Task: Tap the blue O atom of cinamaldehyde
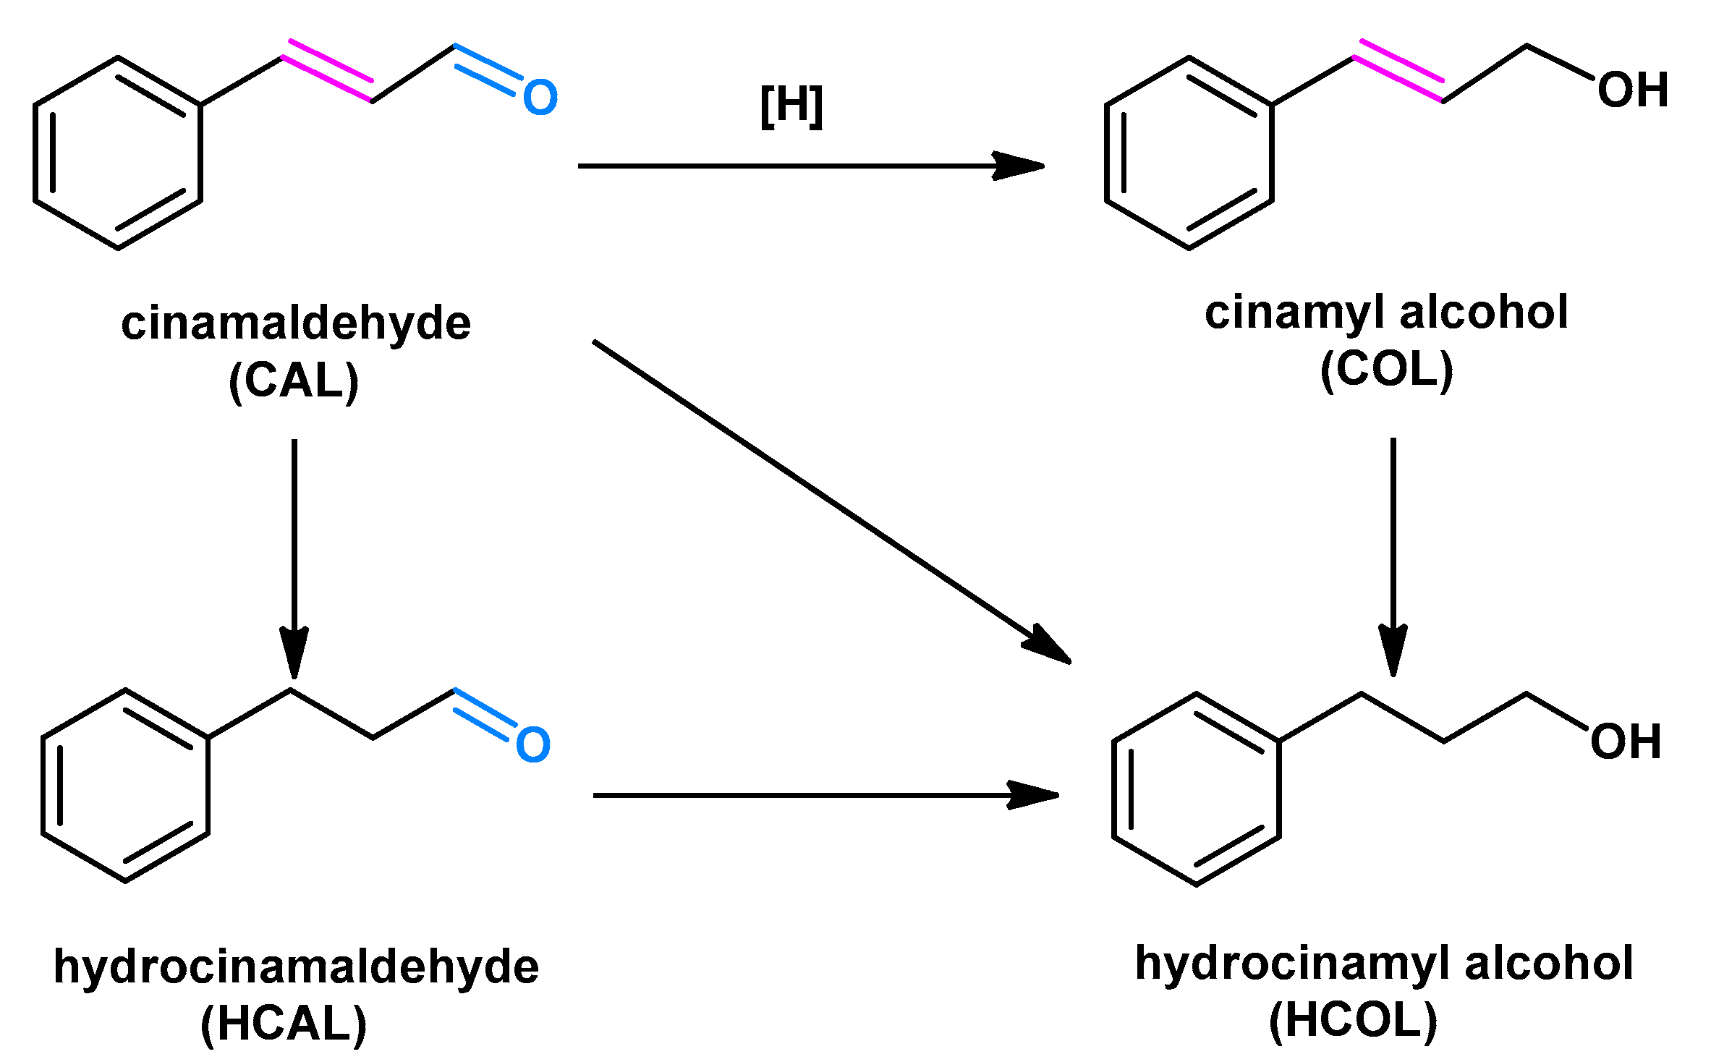[x=540, y=98]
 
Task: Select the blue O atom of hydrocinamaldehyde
[x=533, y=745]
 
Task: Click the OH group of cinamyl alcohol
[x=1633, y=90]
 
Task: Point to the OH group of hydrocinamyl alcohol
[x=1626, y=742]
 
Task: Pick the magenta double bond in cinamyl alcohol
[x=1399, y=70]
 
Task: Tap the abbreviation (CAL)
[x=294, y=381]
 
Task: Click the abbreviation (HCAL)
[x=284, y=1024]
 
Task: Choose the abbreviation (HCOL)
[x=1353, y=1020]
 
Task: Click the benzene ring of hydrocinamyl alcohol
[x=1196, y=789]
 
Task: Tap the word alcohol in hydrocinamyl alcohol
[x=1549, y=964]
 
